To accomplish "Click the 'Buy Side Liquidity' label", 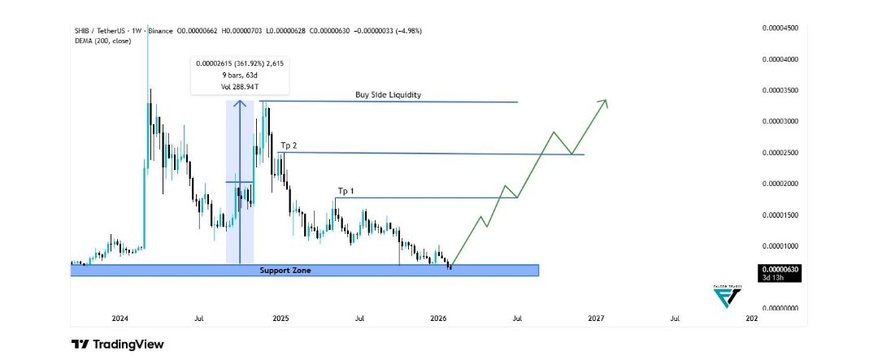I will tap(388, 95).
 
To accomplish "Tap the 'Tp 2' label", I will tap(289, 145).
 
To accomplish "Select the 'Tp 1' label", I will tap(346, 191).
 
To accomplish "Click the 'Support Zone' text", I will tap(285, 270).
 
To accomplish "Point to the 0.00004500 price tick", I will tap(780, 28).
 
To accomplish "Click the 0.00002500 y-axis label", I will tap(780, 153).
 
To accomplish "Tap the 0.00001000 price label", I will tap(780, 246).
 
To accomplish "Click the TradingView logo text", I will tap(117, 345).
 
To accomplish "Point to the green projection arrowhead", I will tap(604, 102).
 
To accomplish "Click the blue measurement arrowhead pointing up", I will tap(239, 103).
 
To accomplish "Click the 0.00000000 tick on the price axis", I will tap(780, 308).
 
